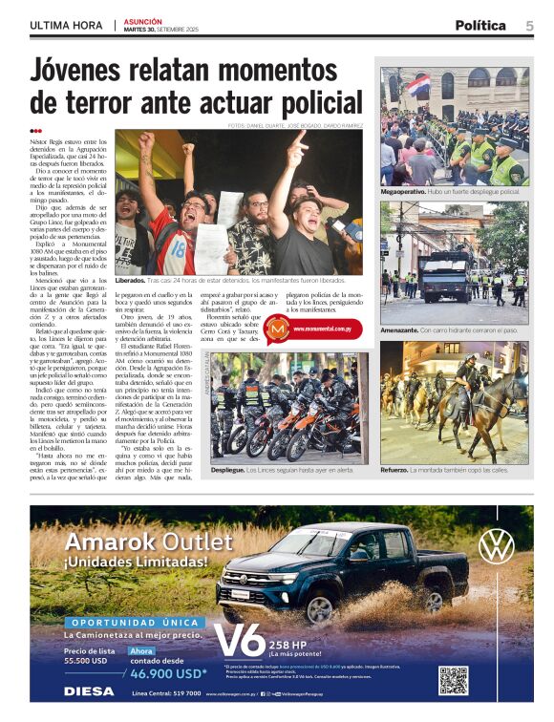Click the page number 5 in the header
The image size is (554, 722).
528,26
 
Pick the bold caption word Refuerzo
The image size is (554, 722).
397,471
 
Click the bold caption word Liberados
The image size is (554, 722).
135,282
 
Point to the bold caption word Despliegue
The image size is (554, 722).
229,471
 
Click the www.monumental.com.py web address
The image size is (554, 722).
328,329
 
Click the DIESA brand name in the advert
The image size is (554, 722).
89,691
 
